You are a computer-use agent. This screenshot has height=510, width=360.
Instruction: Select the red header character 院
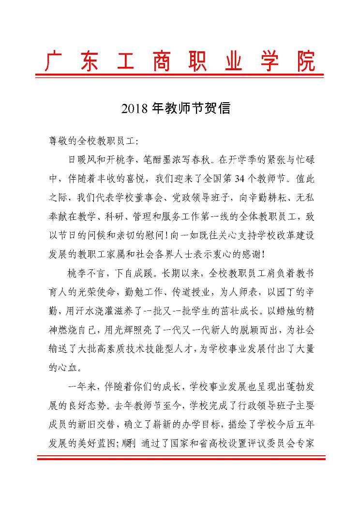(306, 61)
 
